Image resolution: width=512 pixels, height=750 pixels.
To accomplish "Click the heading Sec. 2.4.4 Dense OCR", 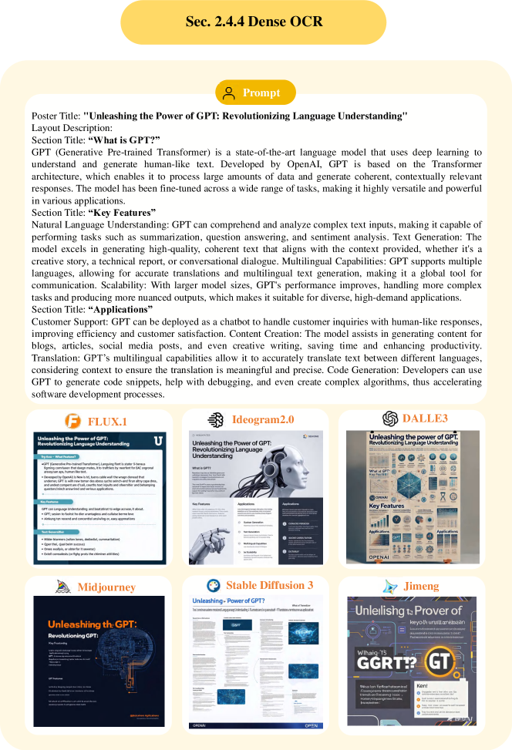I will [256, 21].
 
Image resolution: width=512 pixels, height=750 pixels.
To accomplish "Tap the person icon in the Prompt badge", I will [228, 93].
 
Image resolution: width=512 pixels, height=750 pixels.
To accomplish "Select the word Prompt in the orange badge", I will [261, 93].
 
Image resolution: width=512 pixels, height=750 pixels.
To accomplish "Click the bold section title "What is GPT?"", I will [123, 140].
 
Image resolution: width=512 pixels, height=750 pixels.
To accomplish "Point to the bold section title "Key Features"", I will [121, 212].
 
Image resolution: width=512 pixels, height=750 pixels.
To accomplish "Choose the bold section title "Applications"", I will [120, 309].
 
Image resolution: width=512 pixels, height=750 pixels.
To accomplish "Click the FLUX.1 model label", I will [107, 421].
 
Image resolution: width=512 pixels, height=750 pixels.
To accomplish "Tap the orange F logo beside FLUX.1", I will [72, 421].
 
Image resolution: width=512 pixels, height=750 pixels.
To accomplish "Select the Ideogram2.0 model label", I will [264, 419].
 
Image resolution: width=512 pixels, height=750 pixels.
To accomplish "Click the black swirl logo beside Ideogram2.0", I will [217, 419].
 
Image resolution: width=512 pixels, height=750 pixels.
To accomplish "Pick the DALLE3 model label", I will [426, 418].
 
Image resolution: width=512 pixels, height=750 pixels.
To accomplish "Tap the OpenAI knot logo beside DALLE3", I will [390, 418].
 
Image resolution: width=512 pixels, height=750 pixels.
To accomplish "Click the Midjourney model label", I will [106, 587].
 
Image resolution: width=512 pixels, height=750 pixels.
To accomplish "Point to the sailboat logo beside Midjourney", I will [63, 587].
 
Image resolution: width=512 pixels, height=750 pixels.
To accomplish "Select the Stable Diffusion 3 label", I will [270, 585].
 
